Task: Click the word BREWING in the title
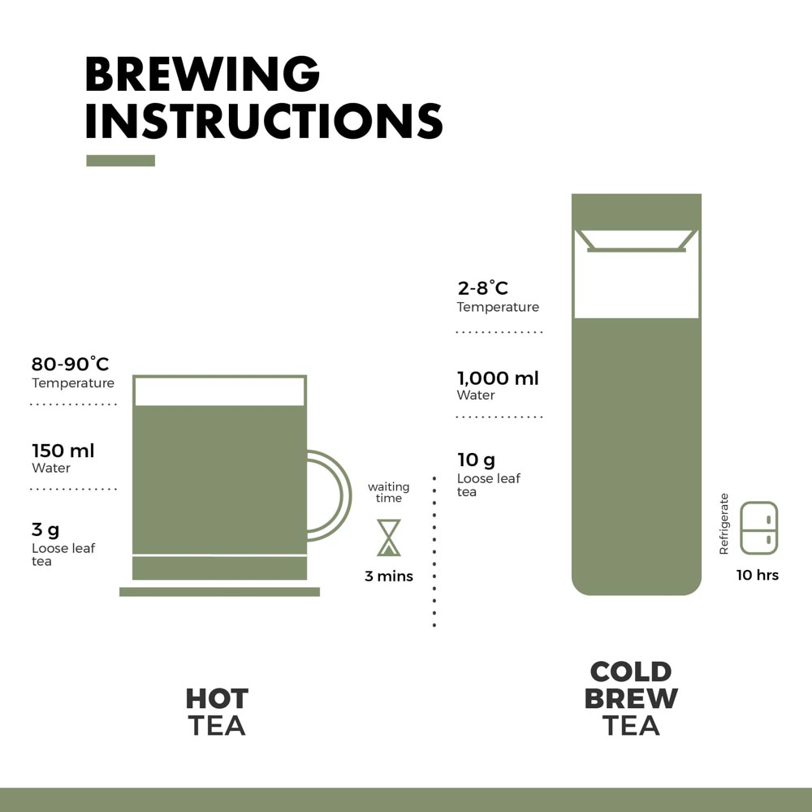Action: tap(202, 74)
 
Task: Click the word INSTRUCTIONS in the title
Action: tap(264, 121)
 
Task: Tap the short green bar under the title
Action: tap(121, 161)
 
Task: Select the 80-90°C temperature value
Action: tap(71, 364)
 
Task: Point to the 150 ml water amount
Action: tap(63, 451)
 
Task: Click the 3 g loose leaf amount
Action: tap(45, 529)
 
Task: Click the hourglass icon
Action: tap(389, 538)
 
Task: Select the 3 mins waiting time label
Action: tap(389, 576)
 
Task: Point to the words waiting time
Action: tap(389, 493)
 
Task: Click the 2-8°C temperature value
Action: tap(482, 288)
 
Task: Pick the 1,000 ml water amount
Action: tap(498, 378)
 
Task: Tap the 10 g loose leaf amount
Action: tap(476, 460)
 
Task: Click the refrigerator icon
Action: tap(758, 528)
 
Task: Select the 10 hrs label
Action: tap(758, 575)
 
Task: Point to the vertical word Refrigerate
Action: tap(724, 524)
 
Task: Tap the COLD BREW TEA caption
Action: tap(631, 698)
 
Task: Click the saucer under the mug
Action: tap(219, 592)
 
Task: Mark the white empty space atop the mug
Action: tap(219, 391)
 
